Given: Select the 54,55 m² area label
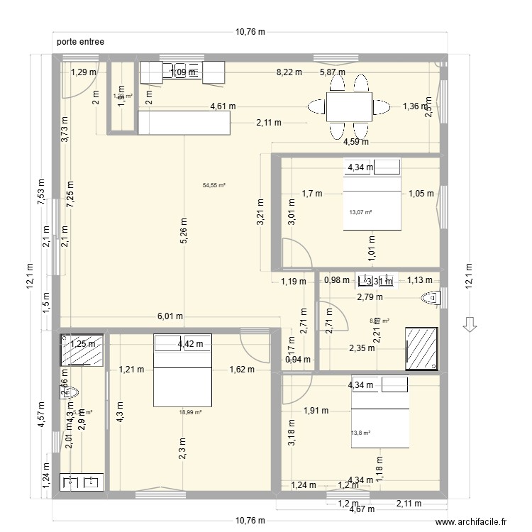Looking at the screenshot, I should pos(214,186).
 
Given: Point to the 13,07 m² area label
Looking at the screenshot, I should pos(360,212).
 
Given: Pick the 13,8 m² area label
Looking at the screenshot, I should pos(360,433).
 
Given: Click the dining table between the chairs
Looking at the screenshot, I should pos(349,108).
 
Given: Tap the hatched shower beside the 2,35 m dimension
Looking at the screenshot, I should pos(421,348).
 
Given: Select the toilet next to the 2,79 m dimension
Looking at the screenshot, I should pos(430,298).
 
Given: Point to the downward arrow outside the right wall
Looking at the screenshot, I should pos(468,324).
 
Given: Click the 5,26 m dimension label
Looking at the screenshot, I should pos(184,231).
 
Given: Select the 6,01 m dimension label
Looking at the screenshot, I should pos(170,316).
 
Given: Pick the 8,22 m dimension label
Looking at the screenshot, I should pos(289,72).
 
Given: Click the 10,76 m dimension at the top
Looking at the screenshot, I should pos(250,31).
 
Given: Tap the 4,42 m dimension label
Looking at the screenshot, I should pos(190,345).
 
